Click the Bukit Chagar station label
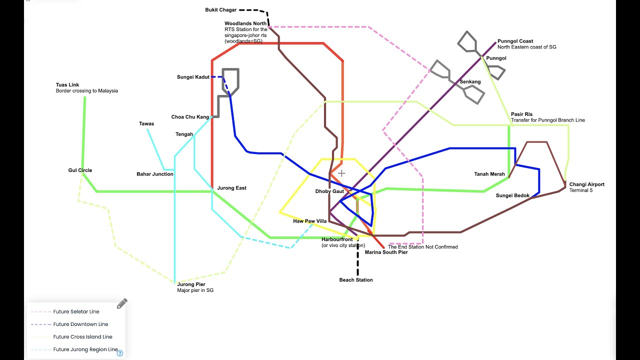220,10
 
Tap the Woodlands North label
245,23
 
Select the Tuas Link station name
67,85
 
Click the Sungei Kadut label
193,77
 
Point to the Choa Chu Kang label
190,117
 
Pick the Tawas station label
146,123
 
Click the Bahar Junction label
155,174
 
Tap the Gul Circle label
80,170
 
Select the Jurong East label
231,188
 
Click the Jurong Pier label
191,284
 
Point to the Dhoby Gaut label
329,191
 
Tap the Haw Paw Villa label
309,221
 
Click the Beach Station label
356,280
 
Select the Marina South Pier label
386,252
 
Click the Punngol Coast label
515,41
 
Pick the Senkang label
470,81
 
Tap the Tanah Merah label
489,174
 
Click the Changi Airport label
586,184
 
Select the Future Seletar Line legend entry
76,311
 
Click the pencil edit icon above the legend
122,303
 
